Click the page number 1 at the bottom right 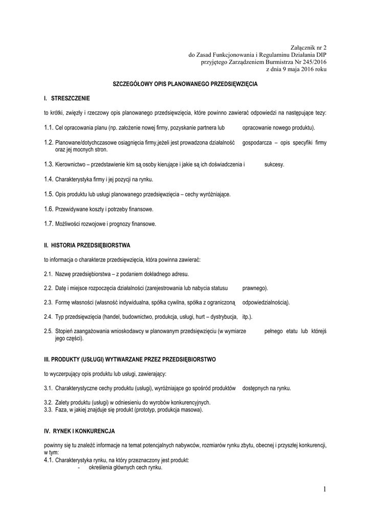tap(324, 490)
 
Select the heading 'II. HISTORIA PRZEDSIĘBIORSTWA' tap(88, 246)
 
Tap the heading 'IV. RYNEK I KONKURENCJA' tap(79, 431)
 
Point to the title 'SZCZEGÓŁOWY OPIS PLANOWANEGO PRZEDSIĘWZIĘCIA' tap(185, 83)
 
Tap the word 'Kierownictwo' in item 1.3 tap(71, 165)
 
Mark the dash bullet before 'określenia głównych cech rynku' tap(78, 467)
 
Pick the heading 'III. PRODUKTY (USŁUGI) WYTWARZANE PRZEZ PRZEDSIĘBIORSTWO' tap(130, 359)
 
